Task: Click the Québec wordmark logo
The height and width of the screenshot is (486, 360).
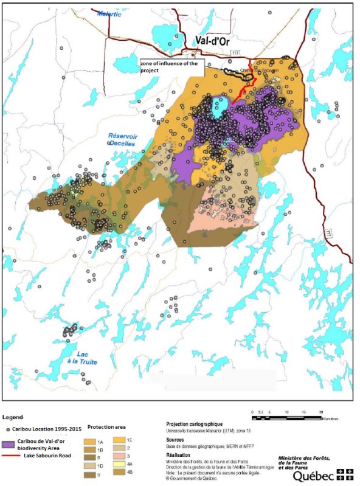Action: (x=314, y=475)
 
